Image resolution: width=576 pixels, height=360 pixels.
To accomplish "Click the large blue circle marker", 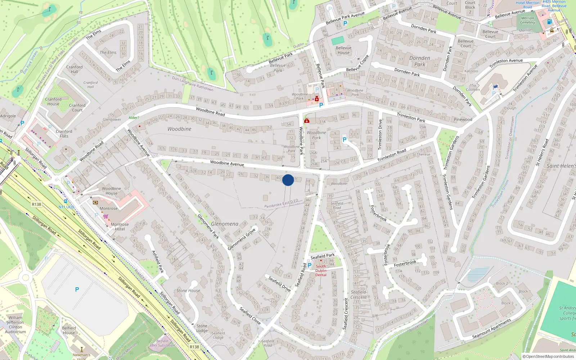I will coord(288,180).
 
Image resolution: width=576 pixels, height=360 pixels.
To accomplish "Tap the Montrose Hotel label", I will coord(120,226).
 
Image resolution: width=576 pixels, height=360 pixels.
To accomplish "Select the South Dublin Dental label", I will coord(321,270).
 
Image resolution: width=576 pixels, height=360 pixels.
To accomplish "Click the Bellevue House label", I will coord(343,50).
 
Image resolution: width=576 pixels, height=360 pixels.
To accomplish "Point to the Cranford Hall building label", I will coord(75,69).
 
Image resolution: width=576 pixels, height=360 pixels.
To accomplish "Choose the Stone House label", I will coord(188,291).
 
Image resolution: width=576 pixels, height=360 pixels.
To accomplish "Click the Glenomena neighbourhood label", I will coord(225,224).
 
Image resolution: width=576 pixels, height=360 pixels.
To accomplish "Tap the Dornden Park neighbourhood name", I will coord(419,61).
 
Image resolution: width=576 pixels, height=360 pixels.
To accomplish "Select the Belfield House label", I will coord(69,330).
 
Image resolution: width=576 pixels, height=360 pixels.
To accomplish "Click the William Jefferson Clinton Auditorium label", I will coord(15,324).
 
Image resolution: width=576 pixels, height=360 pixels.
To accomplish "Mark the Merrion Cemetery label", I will coord(527,20).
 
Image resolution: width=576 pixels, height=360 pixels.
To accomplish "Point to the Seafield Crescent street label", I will coord(346,313).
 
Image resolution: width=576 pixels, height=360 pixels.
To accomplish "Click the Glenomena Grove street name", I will coord(242,239).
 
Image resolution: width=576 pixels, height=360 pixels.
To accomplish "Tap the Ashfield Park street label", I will coord(158,262).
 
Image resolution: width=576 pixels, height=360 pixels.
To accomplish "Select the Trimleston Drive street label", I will coord(380,134).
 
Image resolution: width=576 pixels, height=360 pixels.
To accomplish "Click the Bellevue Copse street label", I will coord(357,63).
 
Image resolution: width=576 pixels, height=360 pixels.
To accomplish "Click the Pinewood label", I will coord(463,120).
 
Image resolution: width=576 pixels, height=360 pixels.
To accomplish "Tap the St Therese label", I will coord(421,154).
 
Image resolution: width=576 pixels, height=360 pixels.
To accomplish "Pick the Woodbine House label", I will coord(111,191).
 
